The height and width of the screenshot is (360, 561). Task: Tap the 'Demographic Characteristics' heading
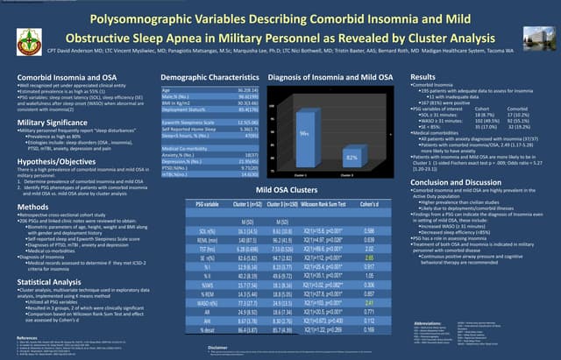click(x=208, y=78)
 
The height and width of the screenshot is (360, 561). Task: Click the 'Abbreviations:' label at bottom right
click(x=430, y=298)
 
